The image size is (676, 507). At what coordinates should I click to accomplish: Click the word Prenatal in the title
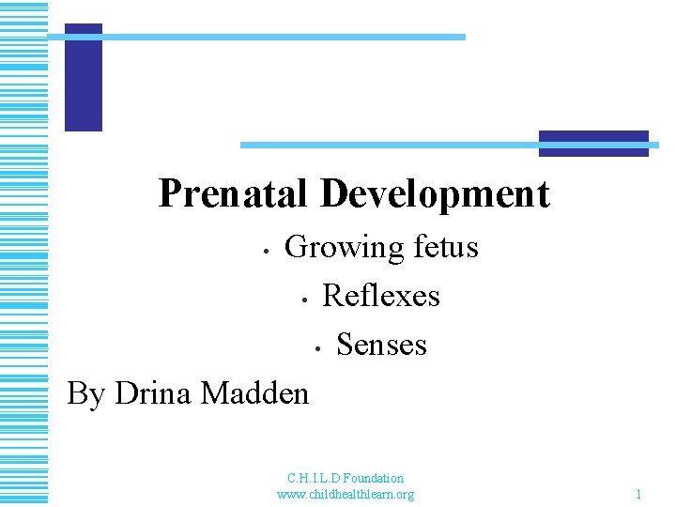[234, 193]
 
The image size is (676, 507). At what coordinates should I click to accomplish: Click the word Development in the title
[434, 193]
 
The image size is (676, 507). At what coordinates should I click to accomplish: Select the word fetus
[444, 247]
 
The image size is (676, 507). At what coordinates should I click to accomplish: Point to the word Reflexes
[380, 296]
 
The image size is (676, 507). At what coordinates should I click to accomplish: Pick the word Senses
[381, 345]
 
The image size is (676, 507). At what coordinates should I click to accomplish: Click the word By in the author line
[85, 393]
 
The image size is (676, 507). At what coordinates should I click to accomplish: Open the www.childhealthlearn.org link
[346, 494]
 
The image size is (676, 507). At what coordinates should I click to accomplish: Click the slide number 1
[638, 494]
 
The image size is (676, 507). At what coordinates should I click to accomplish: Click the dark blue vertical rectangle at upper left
[84, 77]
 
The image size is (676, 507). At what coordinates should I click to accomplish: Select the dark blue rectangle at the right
[593, 143]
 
